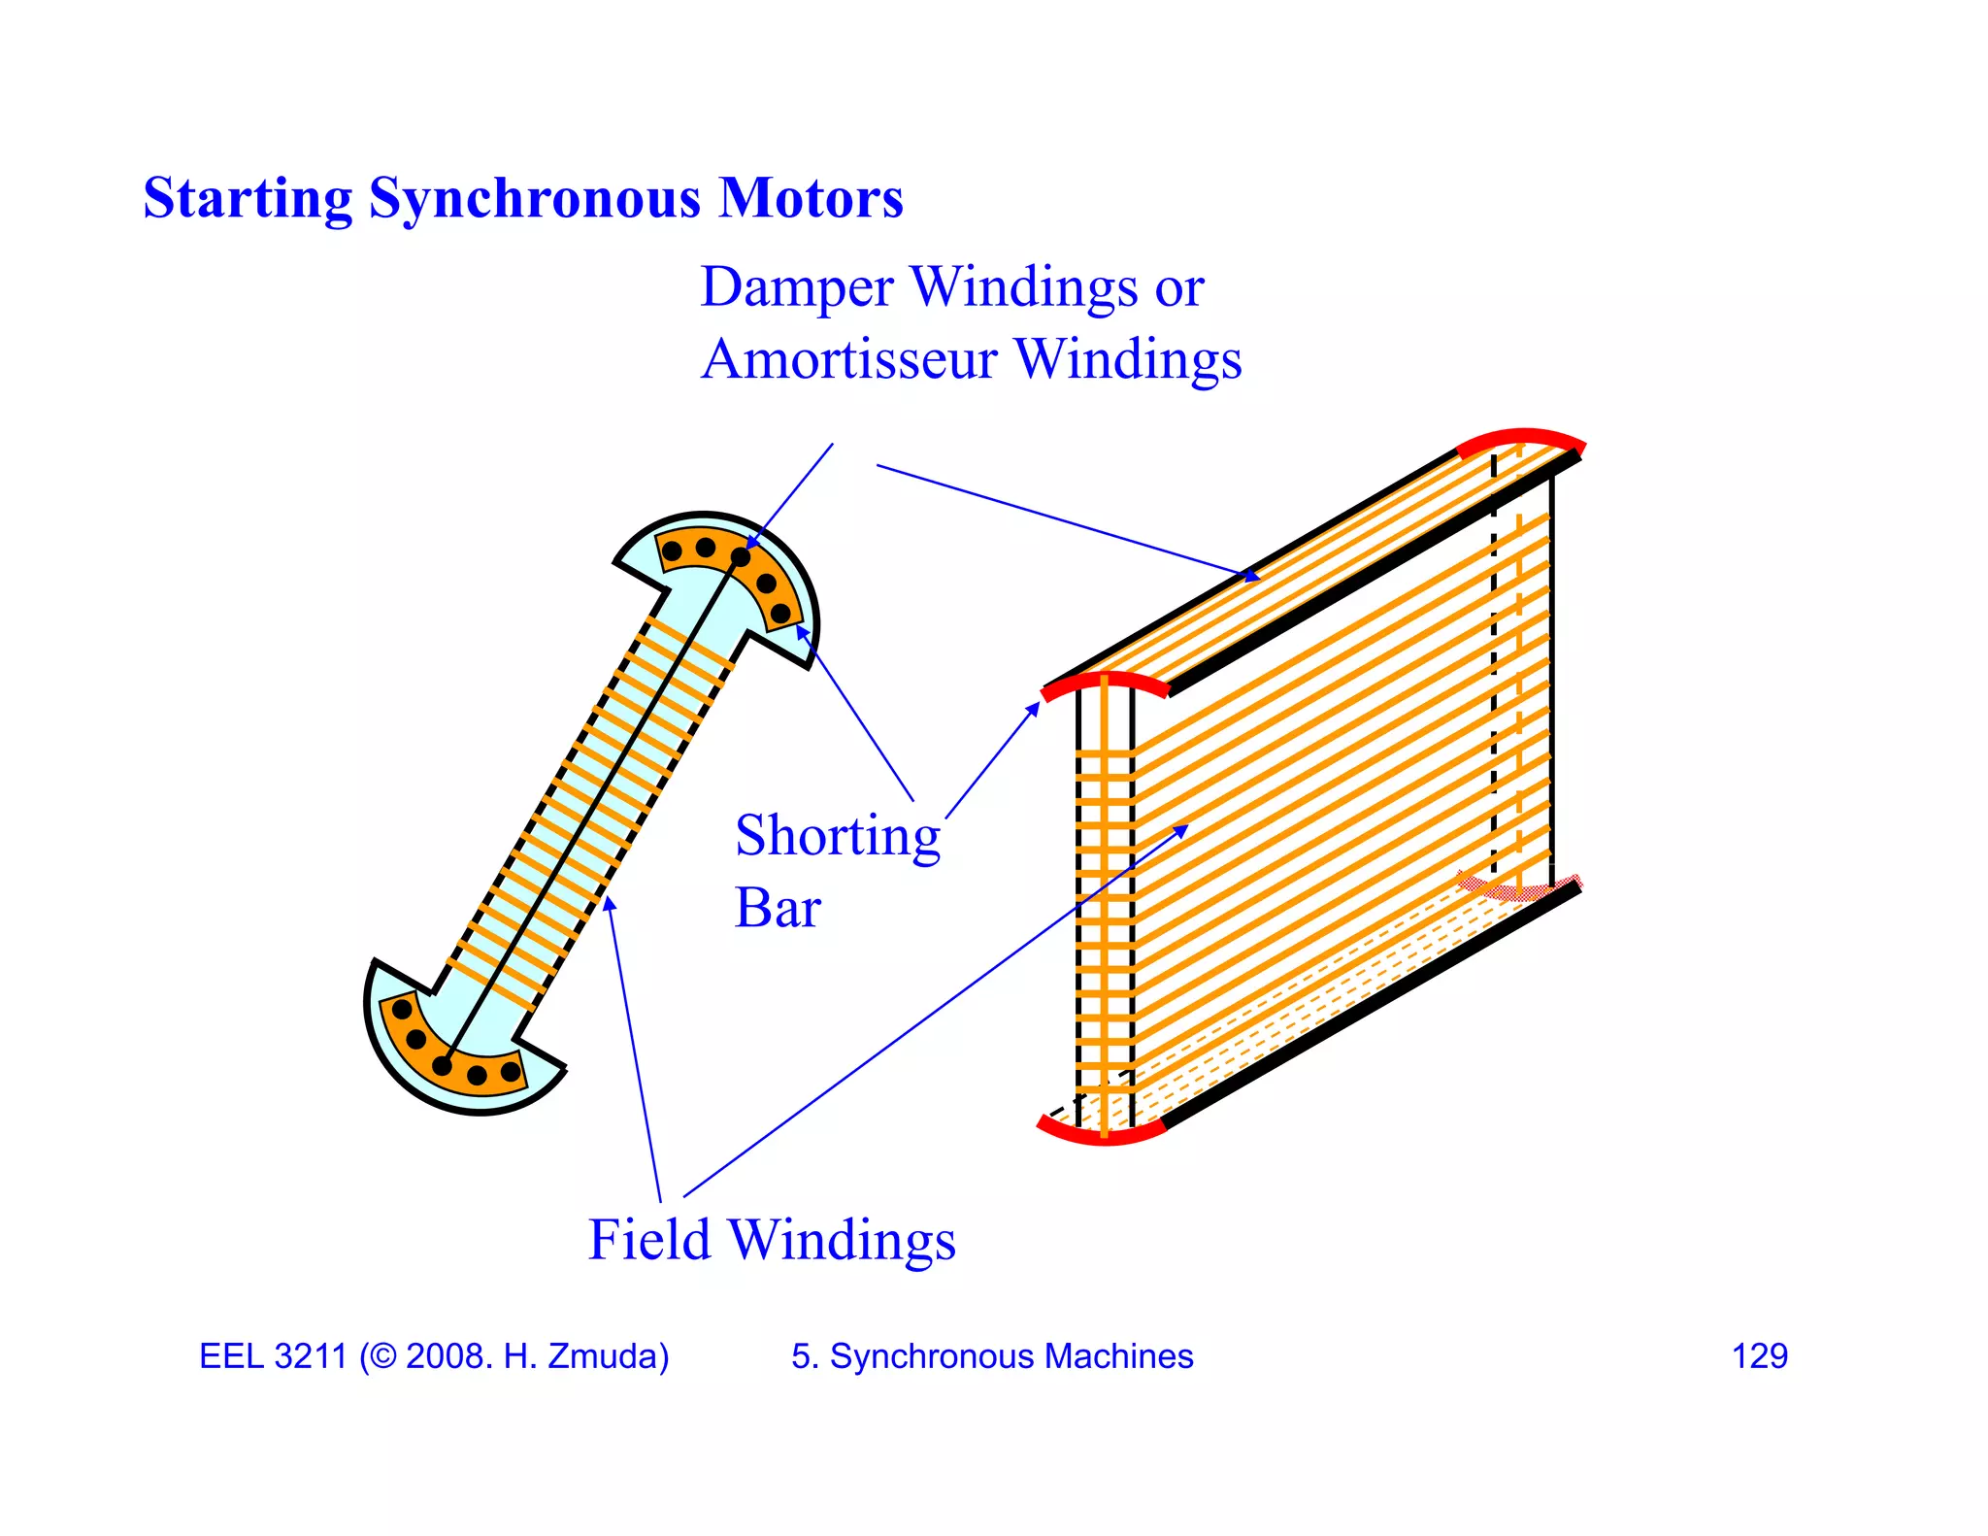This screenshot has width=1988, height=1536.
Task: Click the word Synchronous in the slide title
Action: click(534, 198)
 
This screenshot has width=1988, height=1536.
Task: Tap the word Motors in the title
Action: click(811, 198)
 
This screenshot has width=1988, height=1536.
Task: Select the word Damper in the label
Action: click(797, 287)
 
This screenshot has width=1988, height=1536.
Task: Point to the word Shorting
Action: click(838, 836)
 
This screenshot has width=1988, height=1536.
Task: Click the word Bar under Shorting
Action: click(778, 909)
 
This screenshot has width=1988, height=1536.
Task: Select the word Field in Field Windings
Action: click(649, 1240)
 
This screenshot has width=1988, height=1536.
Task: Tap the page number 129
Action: click(1759, 1356)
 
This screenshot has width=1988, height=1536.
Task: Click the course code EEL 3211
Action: click(272, 1356)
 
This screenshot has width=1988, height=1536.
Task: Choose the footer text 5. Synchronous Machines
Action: click(992, 1356)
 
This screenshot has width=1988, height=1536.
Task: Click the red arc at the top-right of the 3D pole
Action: click(1521, 438)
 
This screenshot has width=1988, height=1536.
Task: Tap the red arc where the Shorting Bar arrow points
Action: click(1104, 681)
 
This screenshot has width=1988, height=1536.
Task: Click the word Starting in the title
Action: click(248, 198)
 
